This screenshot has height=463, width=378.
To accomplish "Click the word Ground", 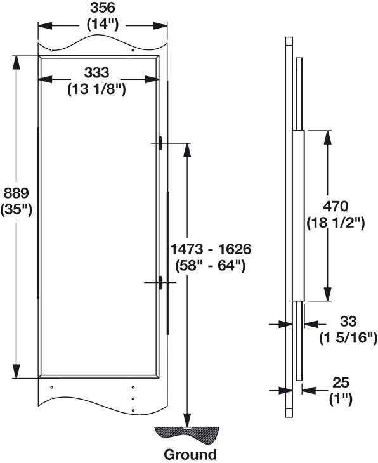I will pos(190,454).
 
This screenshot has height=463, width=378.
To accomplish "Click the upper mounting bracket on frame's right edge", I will pos(161,143).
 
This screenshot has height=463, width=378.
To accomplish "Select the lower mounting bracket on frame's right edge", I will pos(161,282).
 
